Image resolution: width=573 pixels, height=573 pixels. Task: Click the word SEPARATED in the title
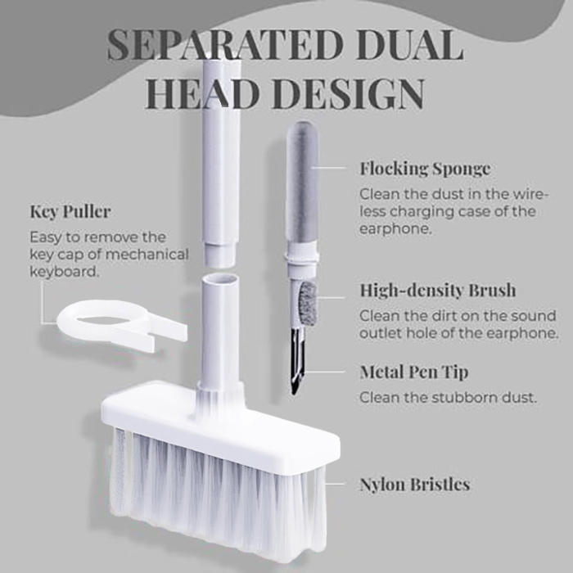point(225,45)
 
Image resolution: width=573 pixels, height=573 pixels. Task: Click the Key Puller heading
point(70,211)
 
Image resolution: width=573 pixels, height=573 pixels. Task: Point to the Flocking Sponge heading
point(425,169)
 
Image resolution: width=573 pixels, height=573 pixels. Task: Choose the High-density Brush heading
point(438,290)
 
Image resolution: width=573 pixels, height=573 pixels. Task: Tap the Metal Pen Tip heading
point(413,372)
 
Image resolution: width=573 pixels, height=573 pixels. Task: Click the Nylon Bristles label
point(415,485)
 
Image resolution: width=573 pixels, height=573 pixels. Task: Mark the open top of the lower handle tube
point(221,281)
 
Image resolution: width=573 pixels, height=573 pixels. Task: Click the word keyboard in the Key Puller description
point(65,272)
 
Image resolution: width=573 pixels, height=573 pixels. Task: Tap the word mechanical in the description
point(149,255)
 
